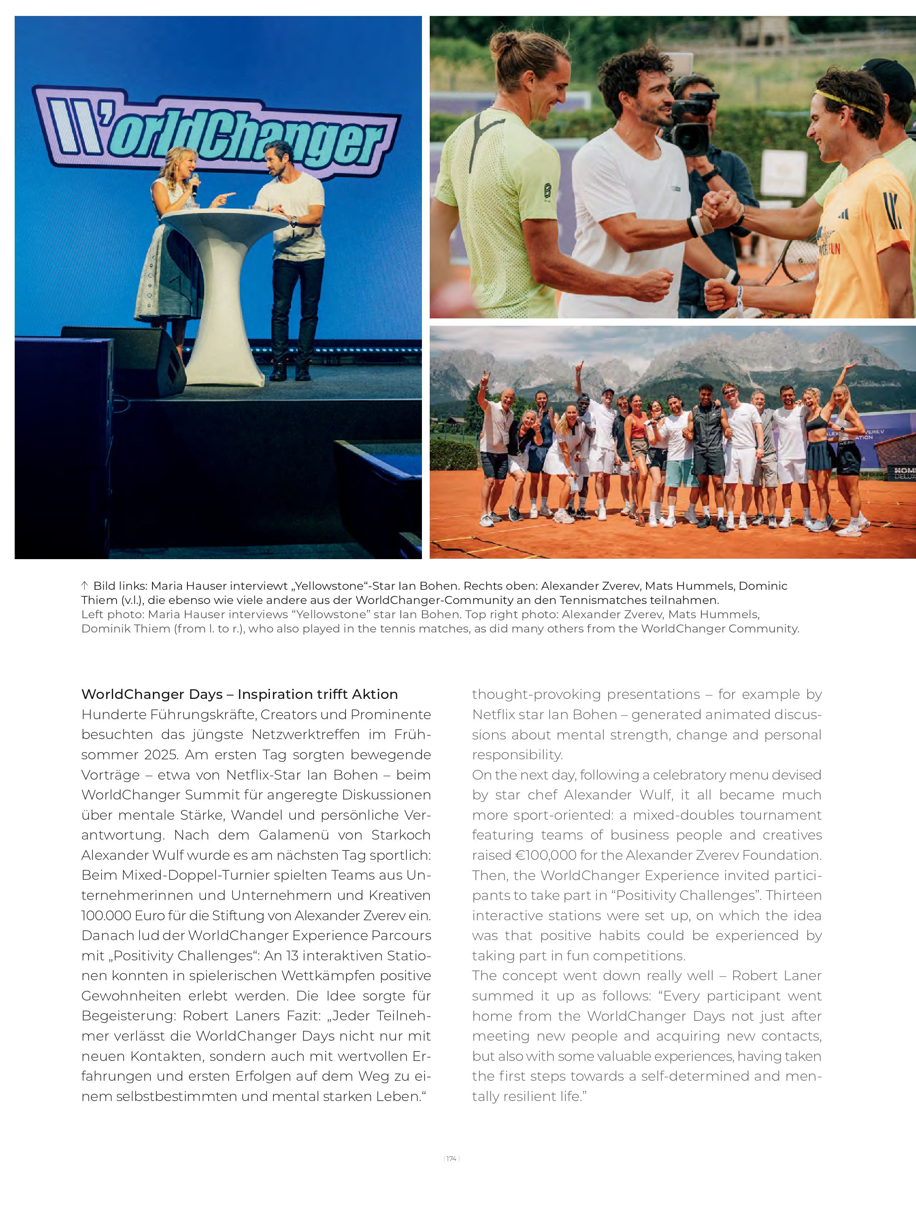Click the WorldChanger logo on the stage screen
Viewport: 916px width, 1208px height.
216,133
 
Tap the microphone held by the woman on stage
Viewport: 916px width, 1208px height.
193,185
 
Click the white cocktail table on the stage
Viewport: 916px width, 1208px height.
225,284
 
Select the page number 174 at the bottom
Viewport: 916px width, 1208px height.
451,1158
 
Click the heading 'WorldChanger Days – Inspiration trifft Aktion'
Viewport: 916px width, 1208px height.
239,694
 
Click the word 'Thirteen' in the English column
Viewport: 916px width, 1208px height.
794,895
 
